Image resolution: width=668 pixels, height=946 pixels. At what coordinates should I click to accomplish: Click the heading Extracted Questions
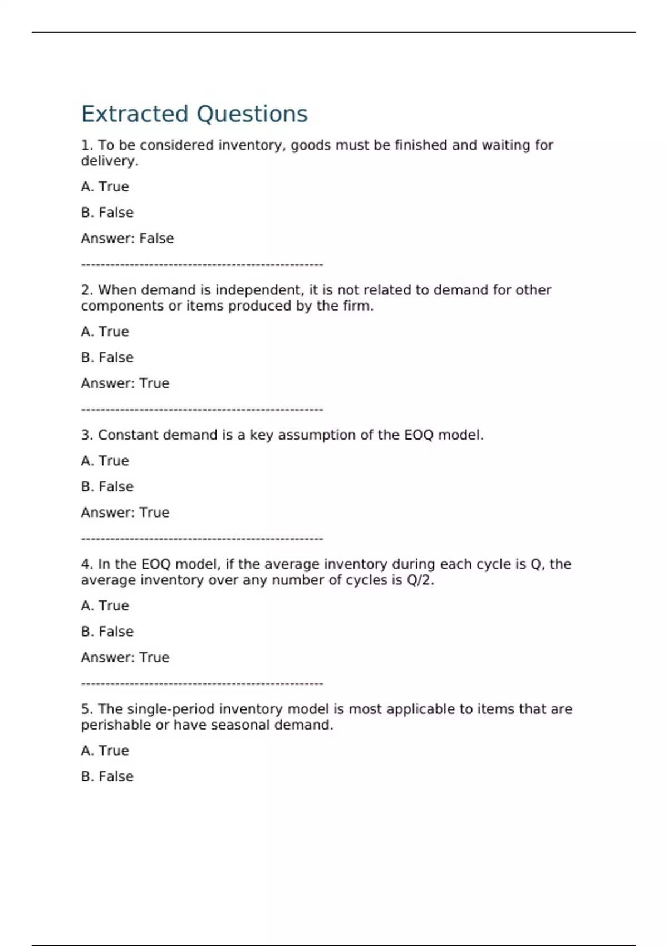click(194, 114)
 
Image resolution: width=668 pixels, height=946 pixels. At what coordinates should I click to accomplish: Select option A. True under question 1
click(105, 186)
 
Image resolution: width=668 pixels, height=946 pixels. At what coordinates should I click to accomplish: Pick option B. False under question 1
click(107, 213)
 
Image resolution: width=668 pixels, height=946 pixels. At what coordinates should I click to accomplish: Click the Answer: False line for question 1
click(127, 238)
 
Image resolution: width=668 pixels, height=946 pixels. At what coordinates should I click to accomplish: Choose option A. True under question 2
click(105, 332)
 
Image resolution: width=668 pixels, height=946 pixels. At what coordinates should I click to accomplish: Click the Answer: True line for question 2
click(125, 383)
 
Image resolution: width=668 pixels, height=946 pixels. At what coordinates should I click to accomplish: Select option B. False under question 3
click(107, 487)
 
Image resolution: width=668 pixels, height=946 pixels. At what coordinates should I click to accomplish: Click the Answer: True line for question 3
click(125, 513)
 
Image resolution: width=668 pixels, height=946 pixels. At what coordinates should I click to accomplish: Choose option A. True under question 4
click(105, 605)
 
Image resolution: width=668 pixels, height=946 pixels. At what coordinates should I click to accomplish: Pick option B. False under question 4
click(107, 632)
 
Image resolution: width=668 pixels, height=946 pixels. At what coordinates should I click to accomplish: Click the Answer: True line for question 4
click(125, 657)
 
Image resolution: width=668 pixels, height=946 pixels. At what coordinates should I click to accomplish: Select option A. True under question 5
click(105, 751)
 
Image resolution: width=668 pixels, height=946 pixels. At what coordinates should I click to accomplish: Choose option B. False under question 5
click(107, 777)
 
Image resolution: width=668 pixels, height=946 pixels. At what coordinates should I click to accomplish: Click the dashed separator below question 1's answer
click(202, 265)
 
